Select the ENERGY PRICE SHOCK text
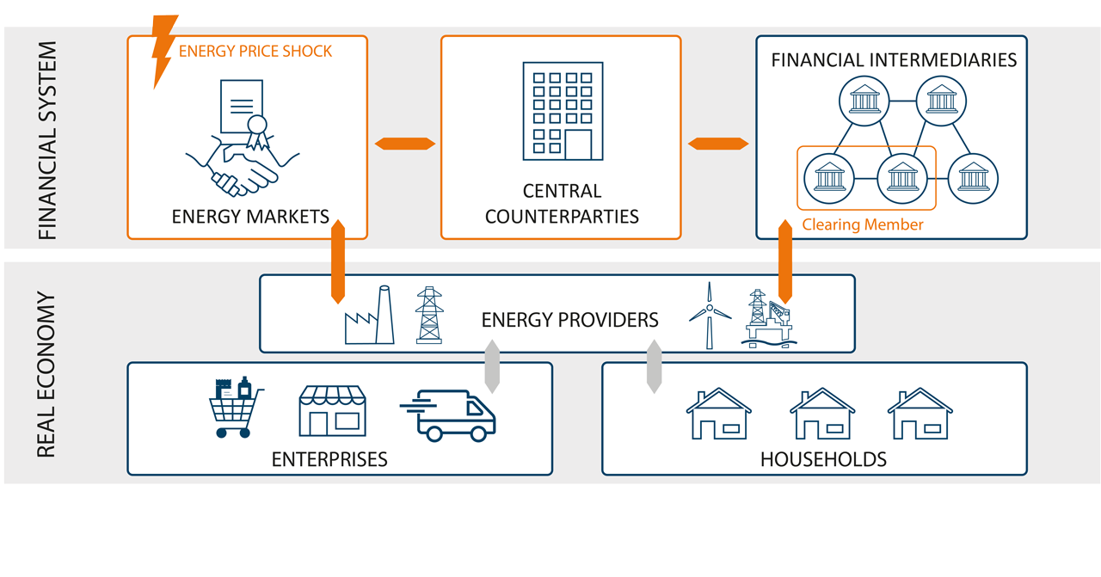click(255, 52)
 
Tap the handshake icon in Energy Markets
click(242, 163)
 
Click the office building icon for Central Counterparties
click(563, 111)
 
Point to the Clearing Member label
click(863, 224)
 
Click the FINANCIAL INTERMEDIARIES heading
click(894, 60)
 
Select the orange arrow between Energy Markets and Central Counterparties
click(405, 144)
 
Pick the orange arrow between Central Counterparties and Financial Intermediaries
click(718, 144)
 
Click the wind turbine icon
click(709, 316)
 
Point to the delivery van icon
click(449, 415)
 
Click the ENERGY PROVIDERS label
click(569, 321)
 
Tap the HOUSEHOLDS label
click(823, 459)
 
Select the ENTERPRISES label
click(329, 459)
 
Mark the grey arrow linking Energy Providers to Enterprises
click(492, 366)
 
